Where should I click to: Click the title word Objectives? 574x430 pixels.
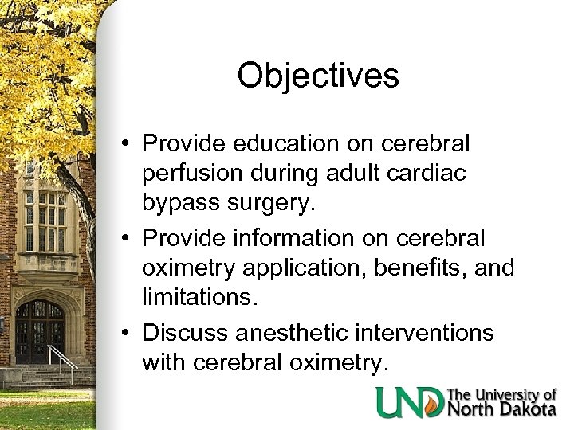[317, 76]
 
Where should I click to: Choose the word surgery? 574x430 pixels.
[273, 202]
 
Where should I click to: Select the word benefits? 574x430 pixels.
[431, 267]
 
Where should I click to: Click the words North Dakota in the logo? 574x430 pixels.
[502, 408]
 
